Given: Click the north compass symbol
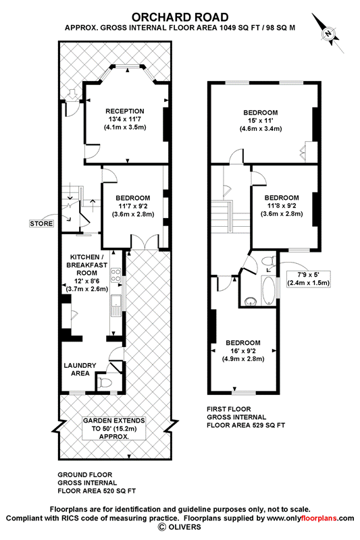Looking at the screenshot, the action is [x=328, y=33].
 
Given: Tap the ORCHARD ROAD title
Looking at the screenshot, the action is [x=180, y=18].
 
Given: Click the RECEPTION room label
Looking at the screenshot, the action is [x=125, y=111].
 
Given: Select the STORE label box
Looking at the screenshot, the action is [x=41, y=223].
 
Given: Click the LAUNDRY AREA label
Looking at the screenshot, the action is [x=80, y=369].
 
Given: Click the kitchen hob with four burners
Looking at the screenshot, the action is [x=115, y=276].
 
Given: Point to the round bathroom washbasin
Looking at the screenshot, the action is [x=251, y=301].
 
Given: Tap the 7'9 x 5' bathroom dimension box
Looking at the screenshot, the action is [x=309, y=279].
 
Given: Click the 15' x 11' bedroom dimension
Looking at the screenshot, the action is [x=261, y=121].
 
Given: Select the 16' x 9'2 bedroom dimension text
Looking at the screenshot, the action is [x=243, y=351].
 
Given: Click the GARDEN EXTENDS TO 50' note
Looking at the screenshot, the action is [x=113, y=428].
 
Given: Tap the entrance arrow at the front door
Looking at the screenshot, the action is [x=72, y=94].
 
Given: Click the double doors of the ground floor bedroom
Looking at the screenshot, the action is [x=145, y=243].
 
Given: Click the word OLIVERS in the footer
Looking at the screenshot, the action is [x=184, y=526].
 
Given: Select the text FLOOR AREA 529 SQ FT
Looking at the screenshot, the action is [x=246, y=425].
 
